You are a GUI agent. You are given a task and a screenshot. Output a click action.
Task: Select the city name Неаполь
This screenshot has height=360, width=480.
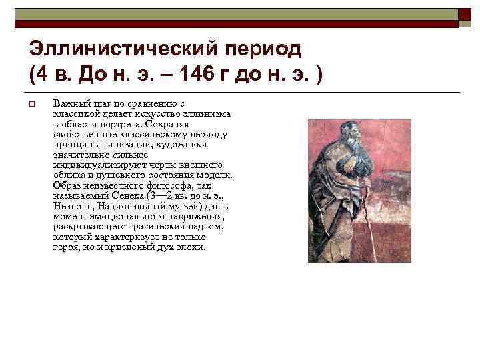(x=71, y=206)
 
